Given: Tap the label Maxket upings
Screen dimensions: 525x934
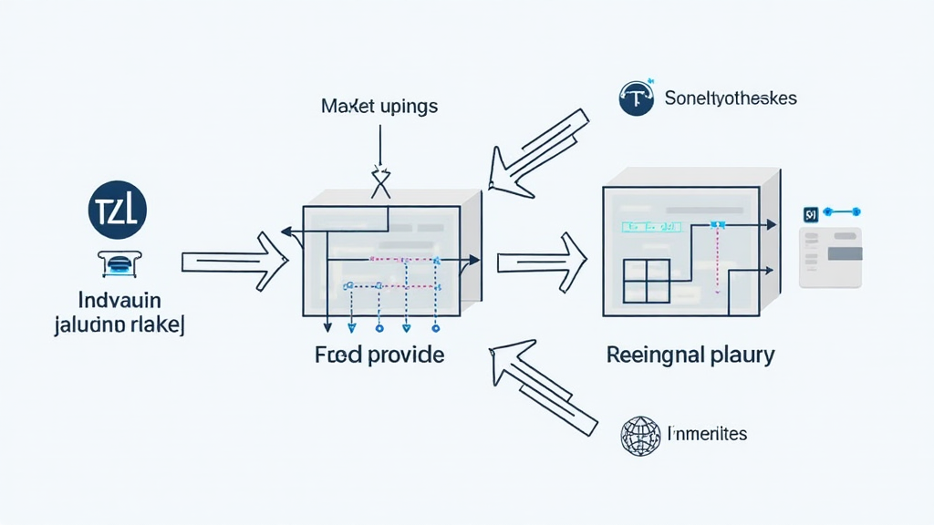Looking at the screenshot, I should point(379,107).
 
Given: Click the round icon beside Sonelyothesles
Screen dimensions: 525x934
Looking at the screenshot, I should point(637,98).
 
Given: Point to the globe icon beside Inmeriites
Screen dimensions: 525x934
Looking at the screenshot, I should point(638,436).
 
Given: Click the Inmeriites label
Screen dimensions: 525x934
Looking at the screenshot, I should point(708,434).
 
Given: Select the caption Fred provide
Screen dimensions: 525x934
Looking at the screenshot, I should point(379,355).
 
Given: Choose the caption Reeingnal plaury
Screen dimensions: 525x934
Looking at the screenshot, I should point(690,355).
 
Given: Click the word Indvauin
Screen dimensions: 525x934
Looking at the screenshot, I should point(119,300).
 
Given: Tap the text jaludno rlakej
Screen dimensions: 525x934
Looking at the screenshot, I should point(119,325).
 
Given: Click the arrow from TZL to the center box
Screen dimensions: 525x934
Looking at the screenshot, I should point(235,262).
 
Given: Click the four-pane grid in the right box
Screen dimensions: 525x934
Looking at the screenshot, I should point(647,280).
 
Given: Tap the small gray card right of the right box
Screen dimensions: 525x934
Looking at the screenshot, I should point(830,258).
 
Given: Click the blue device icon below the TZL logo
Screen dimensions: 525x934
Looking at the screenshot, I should point(116,263).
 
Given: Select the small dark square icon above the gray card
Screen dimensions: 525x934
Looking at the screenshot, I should point(809,214).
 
